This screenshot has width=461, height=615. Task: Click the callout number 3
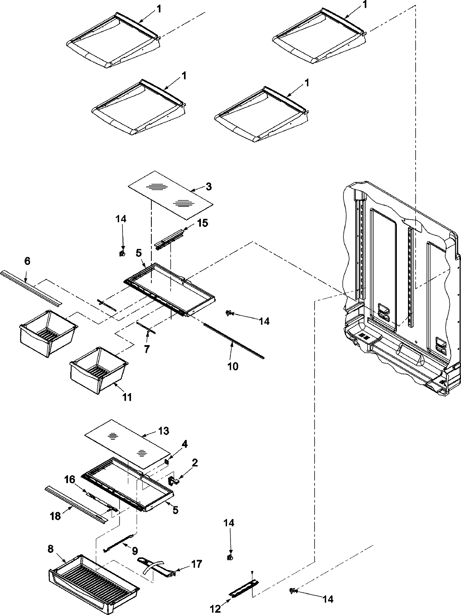click(x=208, y=187)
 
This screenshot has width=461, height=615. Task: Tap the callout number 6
click(x=27, y=261)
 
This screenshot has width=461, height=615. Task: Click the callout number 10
click(x=233, y=366)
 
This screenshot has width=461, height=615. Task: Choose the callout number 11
click(x=127, y=397)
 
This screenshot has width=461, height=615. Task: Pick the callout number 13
click(x=163, y=431)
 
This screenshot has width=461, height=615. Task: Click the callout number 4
click(x=185, y=444)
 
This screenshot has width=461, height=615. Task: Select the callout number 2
click(x=195, y=463)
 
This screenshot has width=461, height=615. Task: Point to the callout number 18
click(x=56, y=516)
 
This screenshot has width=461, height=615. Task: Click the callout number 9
click(x=135, y=551)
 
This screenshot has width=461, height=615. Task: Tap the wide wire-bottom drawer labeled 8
click(x=94, y=576)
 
